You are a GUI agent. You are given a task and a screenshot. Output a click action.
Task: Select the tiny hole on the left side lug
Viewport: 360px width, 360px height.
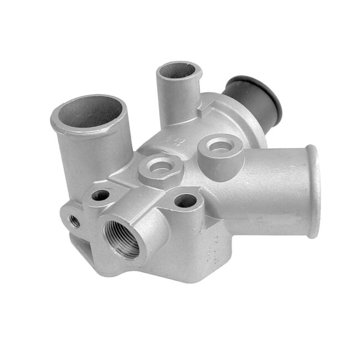[74, 222]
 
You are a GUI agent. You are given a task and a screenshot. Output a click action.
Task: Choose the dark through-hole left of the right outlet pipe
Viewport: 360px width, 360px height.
[183, 201]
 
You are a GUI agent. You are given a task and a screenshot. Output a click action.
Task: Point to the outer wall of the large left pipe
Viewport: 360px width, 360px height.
[91, 150]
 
